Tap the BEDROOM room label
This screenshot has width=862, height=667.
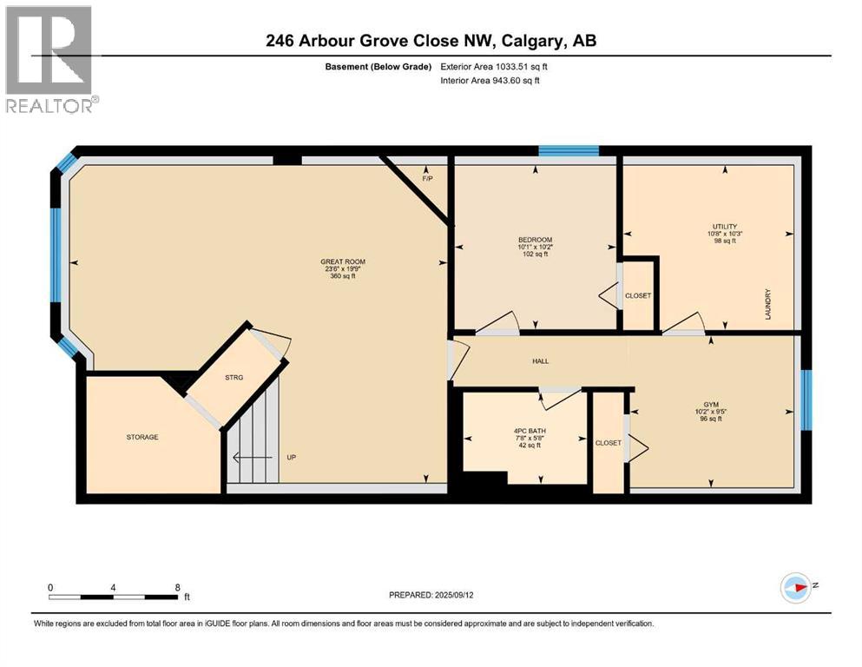535,240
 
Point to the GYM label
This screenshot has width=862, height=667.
711,405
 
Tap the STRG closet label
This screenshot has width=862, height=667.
234,377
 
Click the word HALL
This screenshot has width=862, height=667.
540,361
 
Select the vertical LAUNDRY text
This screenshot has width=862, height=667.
768,305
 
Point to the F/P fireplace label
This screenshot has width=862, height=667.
426,179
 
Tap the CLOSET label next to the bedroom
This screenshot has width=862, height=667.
638,295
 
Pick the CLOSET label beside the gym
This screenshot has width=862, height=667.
608,443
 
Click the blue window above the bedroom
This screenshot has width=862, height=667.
568,151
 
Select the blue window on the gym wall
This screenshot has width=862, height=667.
806,400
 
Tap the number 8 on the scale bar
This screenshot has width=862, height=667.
177,587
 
